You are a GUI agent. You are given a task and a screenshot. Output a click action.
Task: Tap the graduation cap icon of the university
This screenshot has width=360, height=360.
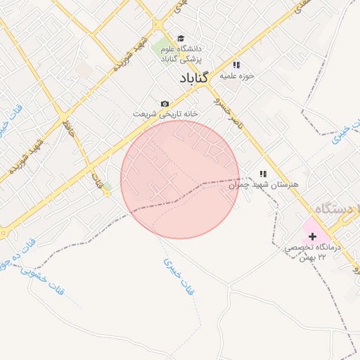[x=181, y=39]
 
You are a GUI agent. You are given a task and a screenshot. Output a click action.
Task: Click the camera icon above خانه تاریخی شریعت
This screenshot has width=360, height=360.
[x=165, y=103]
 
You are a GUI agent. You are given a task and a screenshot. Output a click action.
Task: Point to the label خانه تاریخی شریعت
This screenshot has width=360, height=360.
[x=167, y=113]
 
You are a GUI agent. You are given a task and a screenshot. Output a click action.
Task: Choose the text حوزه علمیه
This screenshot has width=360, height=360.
[x=236, y=75]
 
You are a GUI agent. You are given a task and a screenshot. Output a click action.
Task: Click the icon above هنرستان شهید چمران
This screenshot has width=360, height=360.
[x=263, y=173]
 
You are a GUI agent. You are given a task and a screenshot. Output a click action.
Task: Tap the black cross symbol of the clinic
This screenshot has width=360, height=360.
[x=312, y=237]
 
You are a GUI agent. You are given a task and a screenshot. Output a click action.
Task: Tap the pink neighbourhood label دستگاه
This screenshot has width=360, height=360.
[x=335, y=209]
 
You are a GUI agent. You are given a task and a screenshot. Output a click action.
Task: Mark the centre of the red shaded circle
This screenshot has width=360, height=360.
[x=180, y=179]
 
